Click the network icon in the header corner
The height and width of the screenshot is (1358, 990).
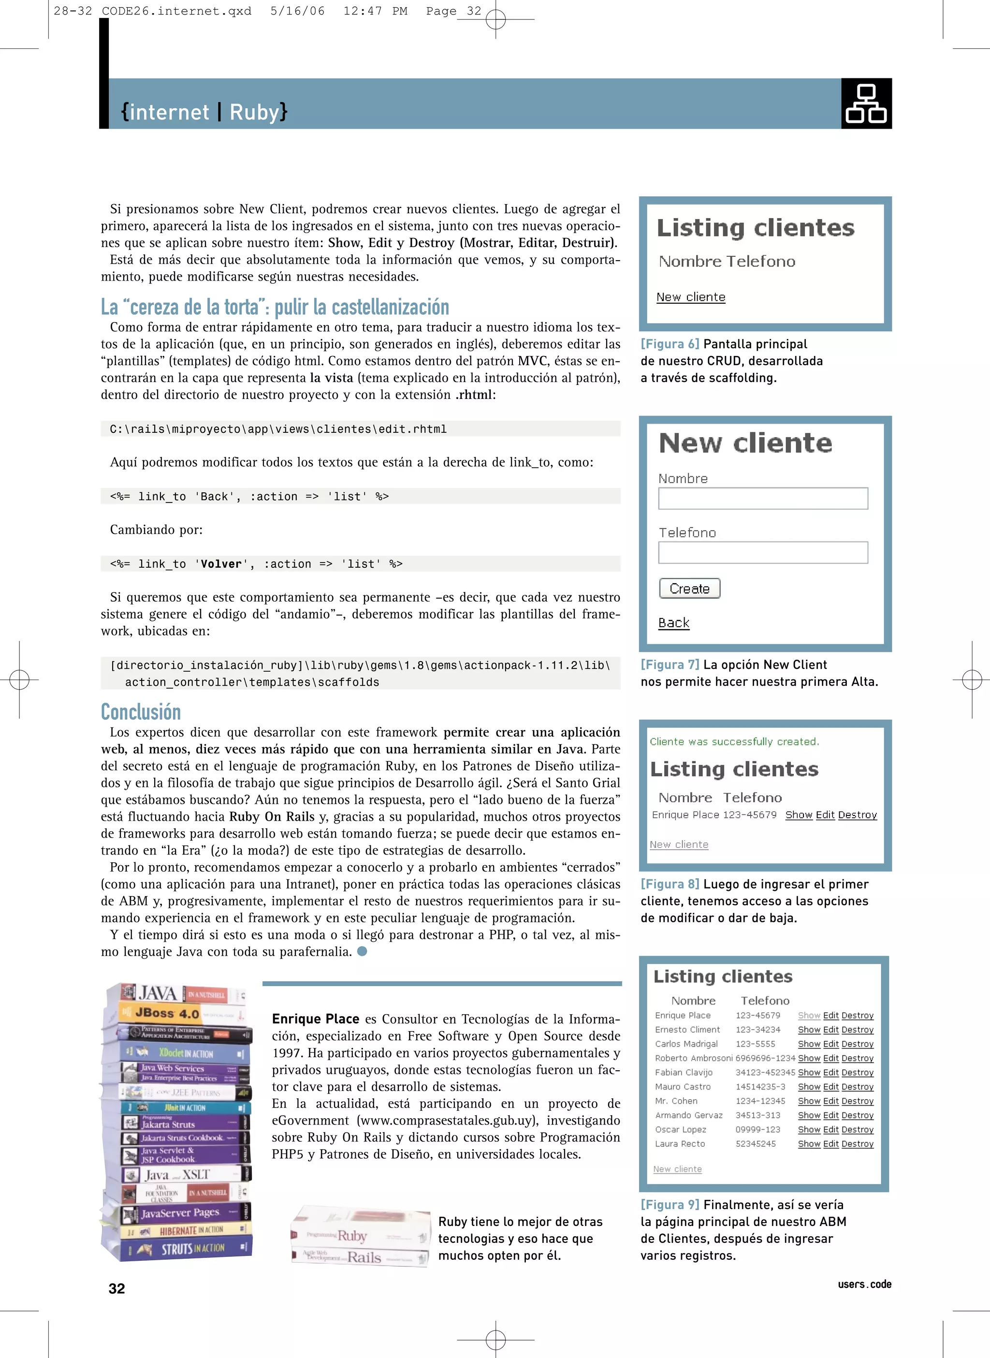(866, 103)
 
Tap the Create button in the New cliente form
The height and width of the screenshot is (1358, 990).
(689, 589)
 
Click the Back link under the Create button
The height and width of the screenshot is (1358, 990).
(673, 623)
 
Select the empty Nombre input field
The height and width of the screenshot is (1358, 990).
(762, 498)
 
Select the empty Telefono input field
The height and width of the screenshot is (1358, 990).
(762, 552)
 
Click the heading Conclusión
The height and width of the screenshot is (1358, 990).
(141, 712)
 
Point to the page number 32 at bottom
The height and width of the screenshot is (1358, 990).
(117, 1288)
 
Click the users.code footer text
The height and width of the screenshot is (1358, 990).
(864, 1284)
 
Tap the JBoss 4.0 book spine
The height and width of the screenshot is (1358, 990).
(174, 1013)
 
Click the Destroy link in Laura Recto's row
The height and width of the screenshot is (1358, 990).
(857, 1144)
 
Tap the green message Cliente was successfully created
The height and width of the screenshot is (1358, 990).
(734, 742)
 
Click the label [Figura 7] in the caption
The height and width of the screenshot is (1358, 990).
(670, 664)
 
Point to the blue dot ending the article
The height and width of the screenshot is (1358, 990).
(362, 951)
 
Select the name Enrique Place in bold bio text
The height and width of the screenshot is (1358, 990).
(315, 1018)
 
